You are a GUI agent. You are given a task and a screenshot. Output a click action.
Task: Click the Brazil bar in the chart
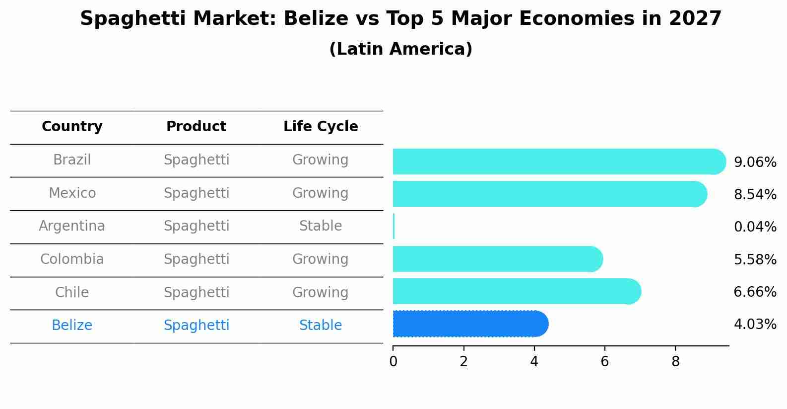(x=556, y=162)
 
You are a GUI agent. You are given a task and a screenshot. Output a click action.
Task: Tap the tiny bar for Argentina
(x=393, y=227)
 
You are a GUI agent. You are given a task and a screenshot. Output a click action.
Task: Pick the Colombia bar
(x=496, y=259)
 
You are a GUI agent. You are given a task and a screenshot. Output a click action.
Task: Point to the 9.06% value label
(x=755, y=163)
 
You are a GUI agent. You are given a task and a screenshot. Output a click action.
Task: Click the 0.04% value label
(x=755, y=227)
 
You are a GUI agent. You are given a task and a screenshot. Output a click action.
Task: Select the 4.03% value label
(x=755, y=325)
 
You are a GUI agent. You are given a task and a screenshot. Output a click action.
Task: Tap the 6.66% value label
(x=755, y=292)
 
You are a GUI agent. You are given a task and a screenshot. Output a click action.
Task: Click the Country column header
(x=72, y=127)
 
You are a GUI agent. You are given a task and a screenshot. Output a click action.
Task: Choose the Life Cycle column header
(x=321, y=127)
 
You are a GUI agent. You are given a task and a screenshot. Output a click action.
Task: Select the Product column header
(x=196, y=127)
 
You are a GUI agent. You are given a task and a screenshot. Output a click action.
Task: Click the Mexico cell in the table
(x=72, y=193)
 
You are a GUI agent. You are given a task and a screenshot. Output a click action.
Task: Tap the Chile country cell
(x=72, y=292)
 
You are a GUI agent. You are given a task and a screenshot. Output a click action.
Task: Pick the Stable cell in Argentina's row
(x=321, y=226)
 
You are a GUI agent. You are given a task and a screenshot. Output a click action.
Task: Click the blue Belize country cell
(x=72, y=326)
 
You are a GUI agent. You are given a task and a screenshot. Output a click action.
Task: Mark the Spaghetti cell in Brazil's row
(x=197, y=160)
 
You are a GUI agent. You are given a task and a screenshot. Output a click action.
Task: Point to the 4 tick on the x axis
(x=534, y=361)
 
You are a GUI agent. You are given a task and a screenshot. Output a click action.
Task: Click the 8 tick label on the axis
(x=675, y=361)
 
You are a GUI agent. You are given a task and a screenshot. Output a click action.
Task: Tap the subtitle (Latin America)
(x=400, y=49)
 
